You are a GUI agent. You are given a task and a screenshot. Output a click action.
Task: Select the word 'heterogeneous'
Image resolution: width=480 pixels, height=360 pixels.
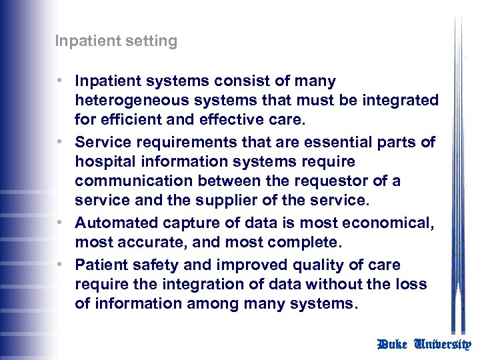tap(125, 100)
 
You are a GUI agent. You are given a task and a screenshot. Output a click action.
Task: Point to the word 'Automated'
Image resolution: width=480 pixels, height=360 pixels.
tap(113, 223)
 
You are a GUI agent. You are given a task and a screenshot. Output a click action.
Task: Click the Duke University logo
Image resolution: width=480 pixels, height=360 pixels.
tap(424, 344)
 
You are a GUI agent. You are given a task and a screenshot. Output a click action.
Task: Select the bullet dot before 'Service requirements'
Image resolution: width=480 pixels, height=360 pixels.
tap(60, 141)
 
